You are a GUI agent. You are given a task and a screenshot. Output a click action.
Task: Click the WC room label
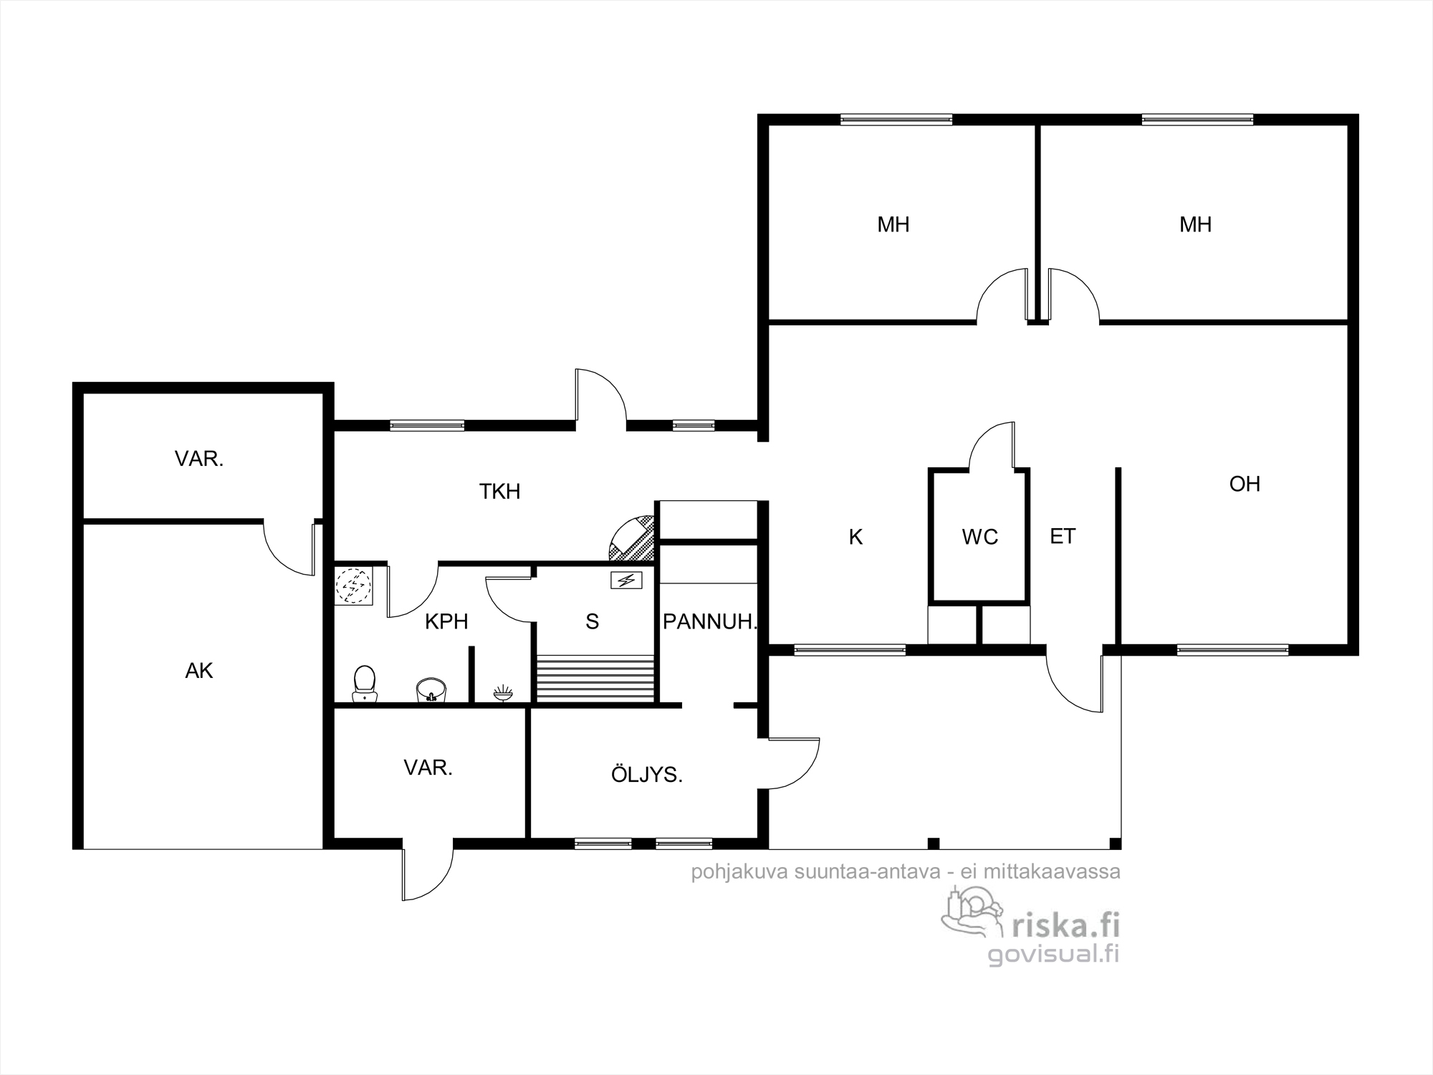coord(979,537)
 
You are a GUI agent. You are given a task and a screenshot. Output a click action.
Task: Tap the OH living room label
coord(1245,484)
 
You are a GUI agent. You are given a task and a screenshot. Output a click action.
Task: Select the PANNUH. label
coord(709,621)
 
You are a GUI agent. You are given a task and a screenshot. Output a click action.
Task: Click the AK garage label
coord(199,671)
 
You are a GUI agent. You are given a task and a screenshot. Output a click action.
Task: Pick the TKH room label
coord(499,492)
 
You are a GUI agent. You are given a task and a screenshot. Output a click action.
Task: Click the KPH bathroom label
coord(446,621)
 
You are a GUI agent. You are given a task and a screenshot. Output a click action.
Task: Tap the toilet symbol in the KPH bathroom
coord(365,684)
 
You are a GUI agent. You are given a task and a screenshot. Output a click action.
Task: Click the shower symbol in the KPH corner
coord(354,586)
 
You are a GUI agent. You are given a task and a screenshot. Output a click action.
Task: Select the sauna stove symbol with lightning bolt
coord(626,580)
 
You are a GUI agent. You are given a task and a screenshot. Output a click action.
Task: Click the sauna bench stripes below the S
coord(595,678)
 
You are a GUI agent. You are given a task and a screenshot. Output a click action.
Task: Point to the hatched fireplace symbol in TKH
coord(632,537)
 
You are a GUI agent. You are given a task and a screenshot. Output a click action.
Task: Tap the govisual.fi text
coord(1053,954)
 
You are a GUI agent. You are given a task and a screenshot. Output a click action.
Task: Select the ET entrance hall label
coord(1063,536)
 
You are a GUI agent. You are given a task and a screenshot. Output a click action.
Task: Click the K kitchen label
coord(856,537)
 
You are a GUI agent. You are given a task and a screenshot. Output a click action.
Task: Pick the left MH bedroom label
coord(893,225)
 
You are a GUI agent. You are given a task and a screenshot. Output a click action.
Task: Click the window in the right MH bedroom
coord(1197,120)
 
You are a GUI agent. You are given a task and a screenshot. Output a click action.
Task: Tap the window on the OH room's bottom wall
coord(1232,651)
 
